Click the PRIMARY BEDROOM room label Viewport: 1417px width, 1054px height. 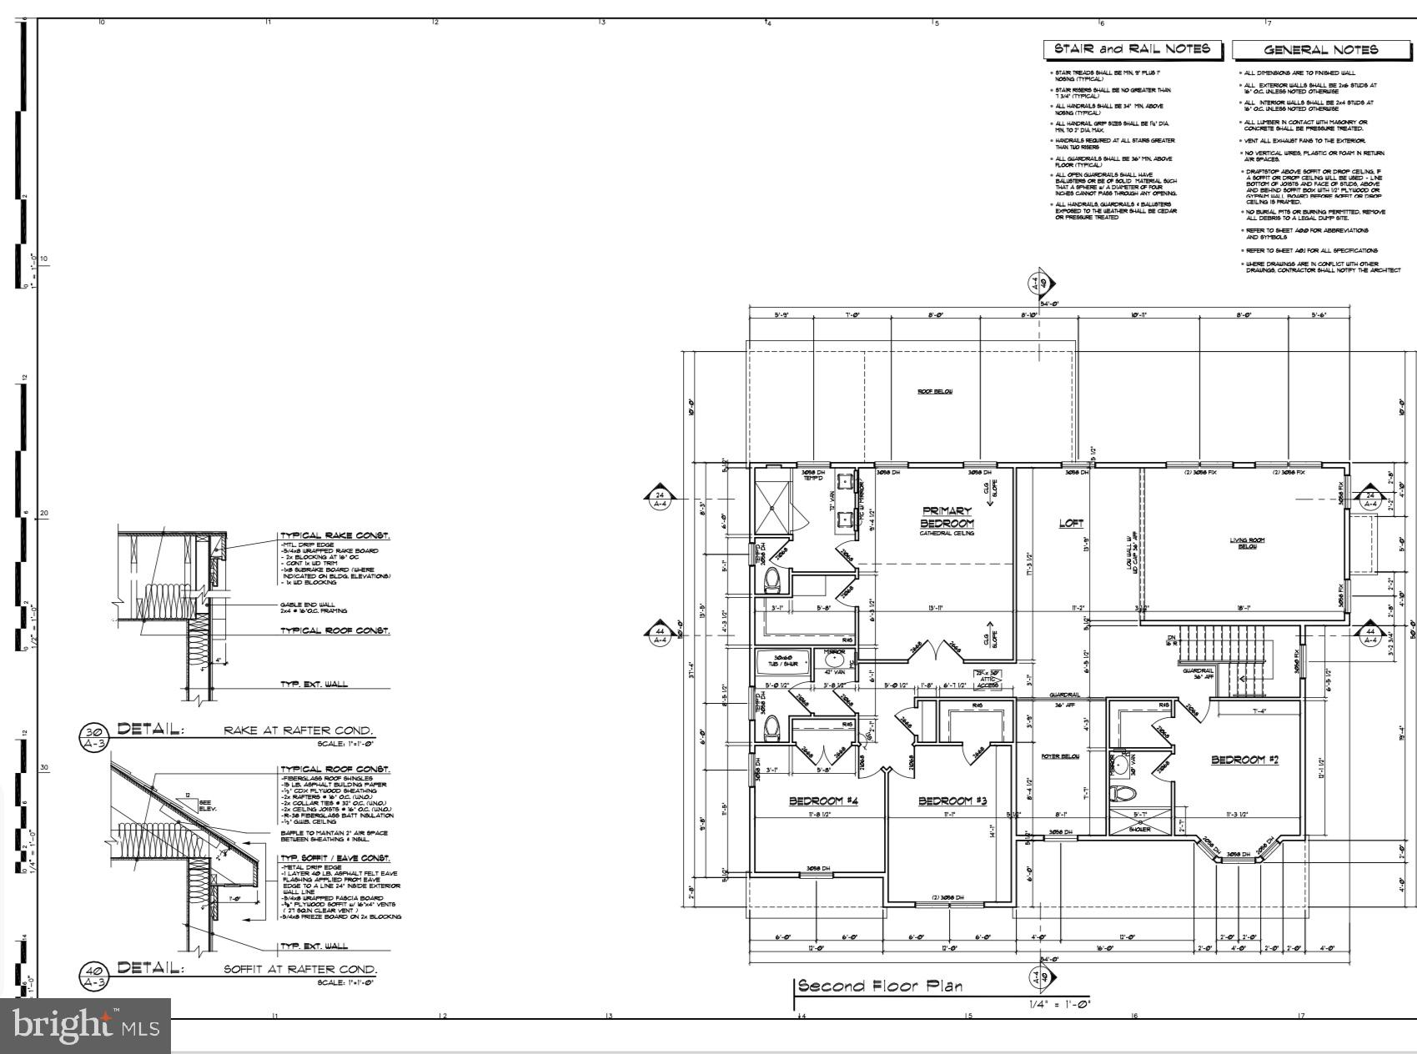coord(947,517)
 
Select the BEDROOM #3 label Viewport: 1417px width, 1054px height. coord(952,801)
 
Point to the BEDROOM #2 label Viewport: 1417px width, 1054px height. coord(1244,760)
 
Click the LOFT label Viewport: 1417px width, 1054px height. coord(1071,524)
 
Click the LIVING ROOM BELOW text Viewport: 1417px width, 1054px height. coord(1247,543)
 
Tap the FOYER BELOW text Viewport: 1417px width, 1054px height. coord(1061,756)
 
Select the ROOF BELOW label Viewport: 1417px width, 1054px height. coord(934,391)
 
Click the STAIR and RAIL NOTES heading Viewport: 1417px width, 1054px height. coord(1132,49)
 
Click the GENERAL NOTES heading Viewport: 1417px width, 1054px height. coord(1321,50)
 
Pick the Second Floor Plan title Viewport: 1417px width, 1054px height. coord(880,986)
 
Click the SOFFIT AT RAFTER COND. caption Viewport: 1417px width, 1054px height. coord(300,970)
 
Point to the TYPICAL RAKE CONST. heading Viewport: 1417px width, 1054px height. coord(334,536)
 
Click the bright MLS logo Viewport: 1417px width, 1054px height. coord(85,1025)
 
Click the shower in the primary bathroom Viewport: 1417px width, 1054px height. coord(777,506)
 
